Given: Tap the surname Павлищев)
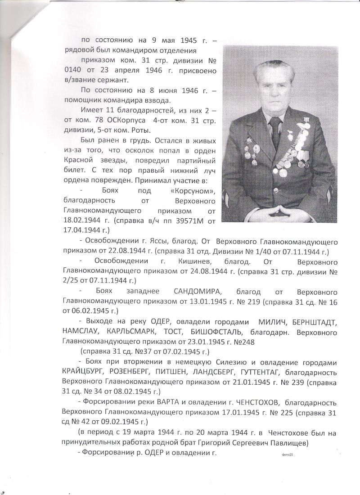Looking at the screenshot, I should coord(286,443).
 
